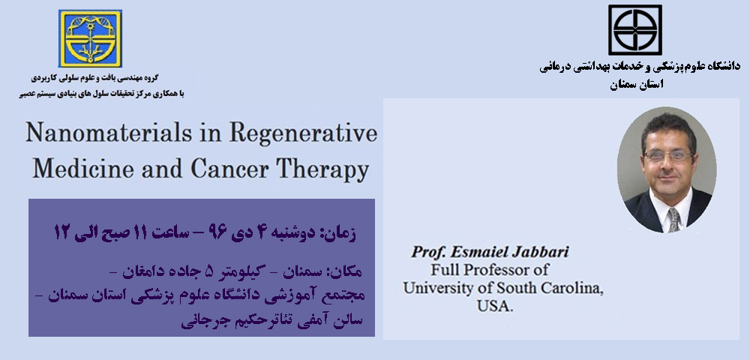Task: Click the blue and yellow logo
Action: tap(91, 39)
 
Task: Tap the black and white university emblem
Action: tap(635, 30)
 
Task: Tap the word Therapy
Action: tap(322, 170)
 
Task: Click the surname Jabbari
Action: tap(541, 252)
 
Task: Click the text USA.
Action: tap(495, 306)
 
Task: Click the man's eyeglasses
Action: tap(668, 155)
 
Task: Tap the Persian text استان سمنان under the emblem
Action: tap(637, 84)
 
